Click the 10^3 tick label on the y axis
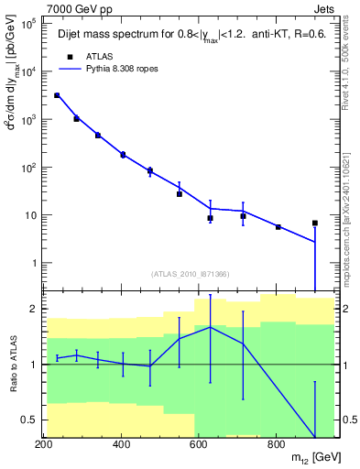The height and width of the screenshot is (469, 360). (28, 120)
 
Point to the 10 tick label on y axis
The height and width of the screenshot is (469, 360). (31, 215)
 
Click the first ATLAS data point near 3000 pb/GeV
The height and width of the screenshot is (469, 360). (57, 95)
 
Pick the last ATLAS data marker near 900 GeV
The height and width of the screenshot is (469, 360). (315, 223)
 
